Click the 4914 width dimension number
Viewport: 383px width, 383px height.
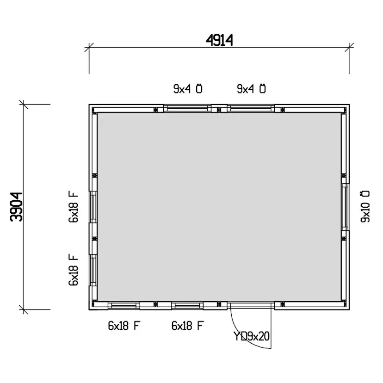(219, 40)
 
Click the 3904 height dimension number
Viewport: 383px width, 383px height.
(16, 207)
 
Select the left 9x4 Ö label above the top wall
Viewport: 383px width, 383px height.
(188, 89)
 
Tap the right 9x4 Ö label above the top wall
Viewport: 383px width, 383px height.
(251, 89)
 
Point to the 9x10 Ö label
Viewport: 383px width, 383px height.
(365, 207)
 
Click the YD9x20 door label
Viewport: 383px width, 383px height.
(252, 336)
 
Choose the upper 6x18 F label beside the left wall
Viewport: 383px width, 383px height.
(73, 207)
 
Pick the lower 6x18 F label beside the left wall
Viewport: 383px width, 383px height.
(73, 270)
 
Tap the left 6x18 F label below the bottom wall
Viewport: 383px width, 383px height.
(124, 326)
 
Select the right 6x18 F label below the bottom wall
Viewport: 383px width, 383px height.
(188, 326)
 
